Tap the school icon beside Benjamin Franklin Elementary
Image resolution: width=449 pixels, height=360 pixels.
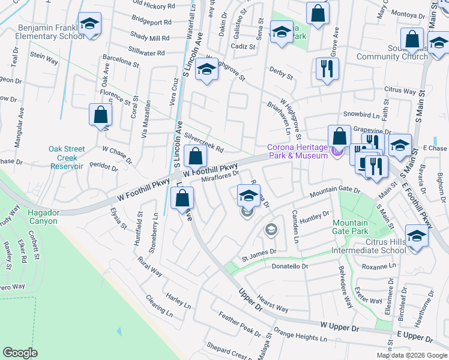point(89,24)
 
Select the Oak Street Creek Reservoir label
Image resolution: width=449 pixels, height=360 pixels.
point(67,157)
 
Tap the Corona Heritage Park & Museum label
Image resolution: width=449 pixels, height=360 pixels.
point(297,152)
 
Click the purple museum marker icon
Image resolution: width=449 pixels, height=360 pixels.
point(337,154)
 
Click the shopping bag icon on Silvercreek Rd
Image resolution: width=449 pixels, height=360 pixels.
point(195,157)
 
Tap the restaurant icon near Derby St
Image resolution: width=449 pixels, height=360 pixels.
point(327,68)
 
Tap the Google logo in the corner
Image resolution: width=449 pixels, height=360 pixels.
point(20,353)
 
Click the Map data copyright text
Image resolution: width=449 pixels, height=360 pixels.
point(412,355)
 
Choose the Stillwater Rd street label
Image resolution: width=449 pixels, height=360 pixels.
point(146,53)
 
